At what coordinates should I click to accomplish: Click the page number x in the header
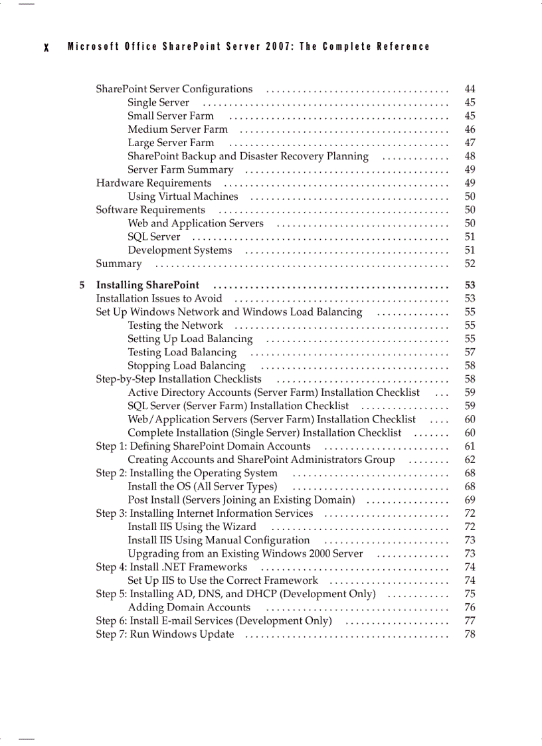(46, 47)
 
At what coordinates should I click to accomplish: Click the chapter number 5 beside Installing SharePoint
(82, 286)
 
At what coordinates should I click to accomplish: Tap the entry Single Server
(158, 103)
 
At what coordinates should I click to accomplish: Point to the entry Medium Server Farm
(177, 130)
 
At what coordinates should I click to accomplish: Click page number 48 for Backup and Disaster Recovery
(470, 156)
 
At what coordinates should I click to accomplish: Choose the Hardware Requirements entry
(153, 183)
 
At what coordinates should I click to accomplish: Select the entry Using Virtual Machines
(183, 197)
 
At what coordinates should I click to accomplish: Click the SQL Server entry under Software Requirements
(153, 236)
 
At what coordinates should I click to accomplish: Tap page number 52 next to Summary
(470, 264)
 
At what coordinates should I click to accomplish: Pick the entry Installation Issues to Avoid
(159, 299)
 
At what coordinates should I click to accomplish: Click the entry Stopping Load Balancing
(187, 366)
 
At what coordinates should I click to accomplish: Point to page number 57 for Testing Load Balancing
(470, 353)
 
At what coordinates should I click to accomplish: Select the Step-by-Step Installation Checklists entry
(179, 379)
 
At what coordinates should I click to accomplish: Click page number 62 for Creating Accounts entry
(470, 460)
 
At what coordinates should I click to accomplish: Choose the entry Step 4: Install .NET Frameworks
(171, 567)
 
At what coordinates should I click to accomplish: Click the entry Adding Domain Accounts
(189, 607)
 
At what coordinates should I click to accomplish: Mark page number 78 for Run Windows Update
(470, 634)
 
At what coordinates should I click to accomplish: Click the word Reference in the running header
(403, 47)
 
